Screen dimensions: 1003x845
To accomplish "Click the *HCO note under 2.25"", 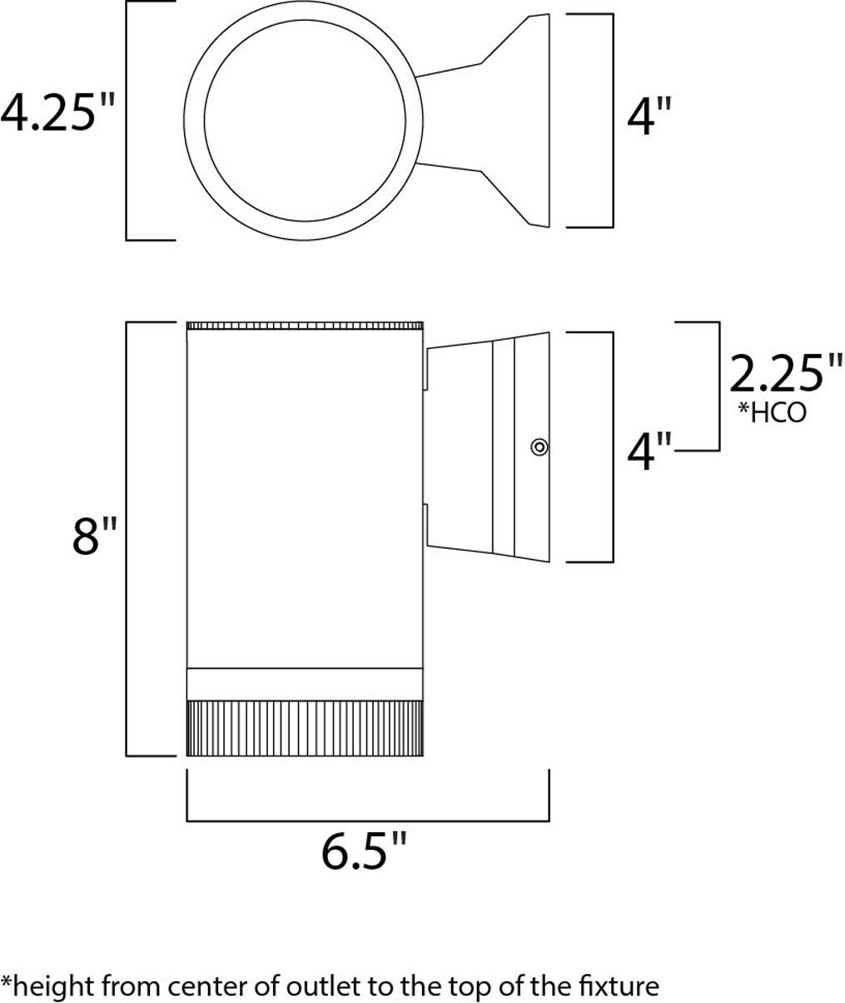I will click(773, 413).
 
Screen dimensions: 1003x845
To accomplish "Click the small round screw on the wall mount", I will click(539, 447).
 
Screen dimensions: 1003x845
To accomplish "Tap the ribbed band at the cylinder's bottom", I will click(305, 727).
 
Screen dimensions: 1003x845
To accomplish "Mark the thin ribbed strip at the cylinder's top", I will click(305, 325).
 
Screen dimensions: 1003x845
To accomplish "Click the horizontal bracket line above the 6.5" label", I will click(367, 821).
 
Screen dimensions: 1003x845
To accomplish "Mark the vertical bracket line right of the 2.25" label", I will click(718, 385).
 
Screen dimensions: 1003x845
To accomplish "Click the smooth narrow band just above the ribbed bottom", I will click(305, 683).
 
